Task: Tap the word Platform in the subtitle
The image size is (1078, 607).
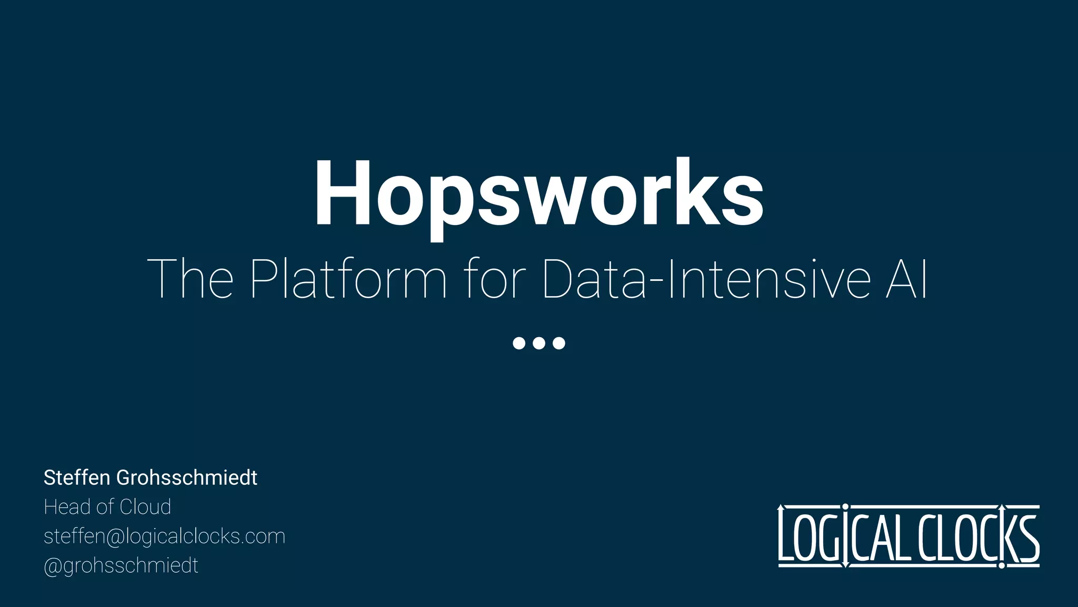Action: point(348,279)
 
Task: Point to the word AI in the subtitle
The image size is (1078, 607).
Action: point(906,279)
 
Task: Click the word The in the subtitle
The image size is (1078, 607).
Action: point(190,279)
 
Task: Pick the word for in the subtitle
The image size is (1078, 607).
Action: point(495,279)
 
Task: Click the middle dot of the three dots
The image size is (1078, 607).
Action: point(539,343)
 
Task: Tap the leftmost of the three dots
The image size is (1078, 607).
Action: point(519,343)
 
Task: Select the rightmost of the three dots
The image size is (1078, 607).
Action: point(559,343)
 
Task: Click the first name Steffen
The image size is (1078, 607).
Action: point(77,478)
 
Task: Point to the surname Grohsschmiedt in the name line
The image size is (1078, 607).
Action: point(186,478)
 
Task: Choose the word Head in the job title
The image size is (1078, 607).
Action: point(67,507)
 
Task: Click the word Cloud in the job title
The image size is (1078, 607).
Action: point(145,507)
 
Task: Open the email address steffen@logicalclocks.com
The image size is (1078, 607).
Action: point(164,536)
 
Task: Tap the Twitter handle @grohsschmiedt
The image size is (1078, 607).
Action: point(121,566)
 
